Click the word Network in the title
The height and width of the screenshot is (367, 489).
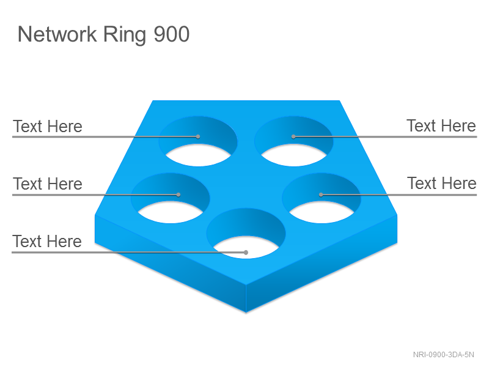click(x=57, y=34)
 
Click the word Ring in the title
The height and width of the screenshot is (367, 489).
click(x=125, y=35)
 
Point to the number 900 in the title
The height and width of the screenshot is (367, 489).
click(x=172, y=34)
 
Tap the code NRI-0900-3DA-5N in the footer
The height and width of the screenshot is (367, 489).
click(x=444, y=355)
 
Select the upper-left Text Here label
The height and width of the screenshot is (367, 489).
click(x=48, y=127)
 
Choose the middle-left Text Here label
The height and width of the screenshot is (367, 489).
click(x=48, y=183)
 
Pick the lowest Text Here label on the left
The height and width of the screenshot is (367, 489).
click(x=47, y=241)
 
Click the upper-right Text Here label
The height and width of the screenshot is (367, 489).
click(x=441, y=126)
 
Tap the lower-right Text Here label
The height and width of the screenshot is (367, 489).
click(x=442, y=183)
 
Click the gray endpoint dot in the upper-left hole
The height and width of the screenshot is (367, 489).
click(x=198, y=136)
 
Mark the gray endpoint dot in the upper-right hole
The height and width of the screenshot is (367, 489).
click(x=293, y=136)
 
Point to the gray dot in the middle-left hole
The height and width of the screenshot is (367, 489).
click(x=178, y=195)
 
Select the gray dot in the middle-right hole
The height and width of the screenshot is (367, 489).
click(x=321, y=195)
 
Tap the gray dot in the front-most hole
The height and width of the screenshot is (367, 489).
click(x=246, y=253)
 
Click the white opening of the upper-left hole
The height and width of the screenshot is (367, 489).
click(x=198, y=155)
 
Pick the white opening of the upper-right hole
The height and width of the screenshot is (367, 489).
click(x=294, y=155)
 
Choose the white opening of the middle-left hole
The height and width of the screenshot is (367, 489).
click(x=171, y=212)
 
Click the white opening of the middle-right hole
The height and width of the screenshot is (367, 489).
click(x=322, y=212)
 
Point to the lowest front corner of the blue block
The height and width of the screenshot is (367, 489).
click(x=246, y=313)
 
